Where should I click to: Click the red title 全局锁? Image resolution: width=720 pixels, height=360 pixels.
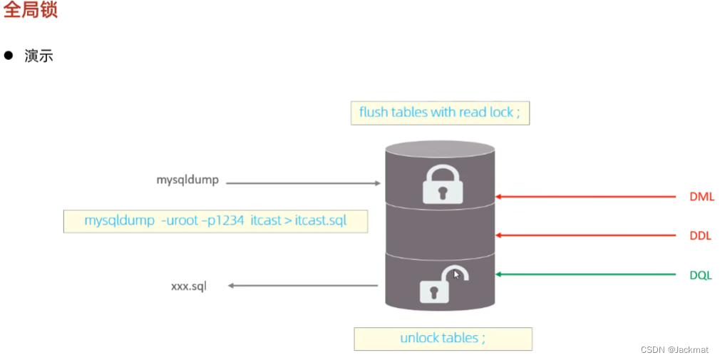click(x=30, y=11)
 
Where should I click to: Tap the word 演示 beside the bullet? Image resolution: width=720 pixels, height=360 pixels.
click(x=39, y=56)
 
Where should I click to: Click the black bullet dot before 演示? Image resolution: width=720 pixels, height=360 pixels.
click(x=9, y=56)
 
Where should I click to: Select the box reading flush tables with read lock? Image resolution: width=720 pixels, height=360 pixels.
click(x=439, y=113)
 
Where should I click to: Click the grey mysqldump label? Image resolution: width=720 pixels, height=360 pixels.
click(x=187, y=180)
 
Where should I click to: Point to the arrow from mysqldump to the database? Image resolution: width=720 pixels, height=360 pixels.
click(x=304, y=183)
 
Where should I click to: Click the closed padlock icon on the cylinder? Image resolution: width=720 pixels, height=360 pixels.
click(x=442, y=184)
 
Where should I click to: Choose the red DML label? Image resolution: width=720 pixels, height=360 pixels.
click(x=701, y=197)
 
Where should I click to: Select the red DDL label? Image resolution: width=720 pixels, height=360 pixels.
click(x=701, y=236)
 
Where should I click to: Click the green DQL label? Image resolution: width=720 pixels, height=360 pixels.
click(x=701, y=275)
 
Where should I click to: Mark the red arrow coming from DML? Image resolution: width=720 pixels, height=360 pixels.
click(x=585, y=196)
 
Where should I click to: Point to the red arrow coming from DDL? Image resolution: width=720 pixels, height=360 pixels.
click(x=585, y=235)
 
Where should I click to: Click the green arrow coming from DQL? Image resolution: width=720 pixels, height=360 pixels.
click(x=585, y=274)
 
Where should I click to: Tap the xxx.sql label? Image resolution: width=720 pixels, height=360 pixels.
click(x=189, y=286)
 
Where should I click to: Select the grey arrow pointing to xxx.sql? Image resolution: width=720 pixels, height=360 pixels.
click(x=303, y=286)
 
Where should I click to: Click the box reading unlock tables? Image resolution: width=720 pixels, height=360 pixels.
click(x=442, y=338)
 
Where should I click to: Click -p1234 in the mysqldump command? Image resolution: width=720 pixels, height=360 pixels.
click(x=222, y=220)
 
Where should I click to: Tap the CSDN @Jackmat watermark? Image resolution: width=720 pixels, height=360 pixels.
click(x=674, y=349)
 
